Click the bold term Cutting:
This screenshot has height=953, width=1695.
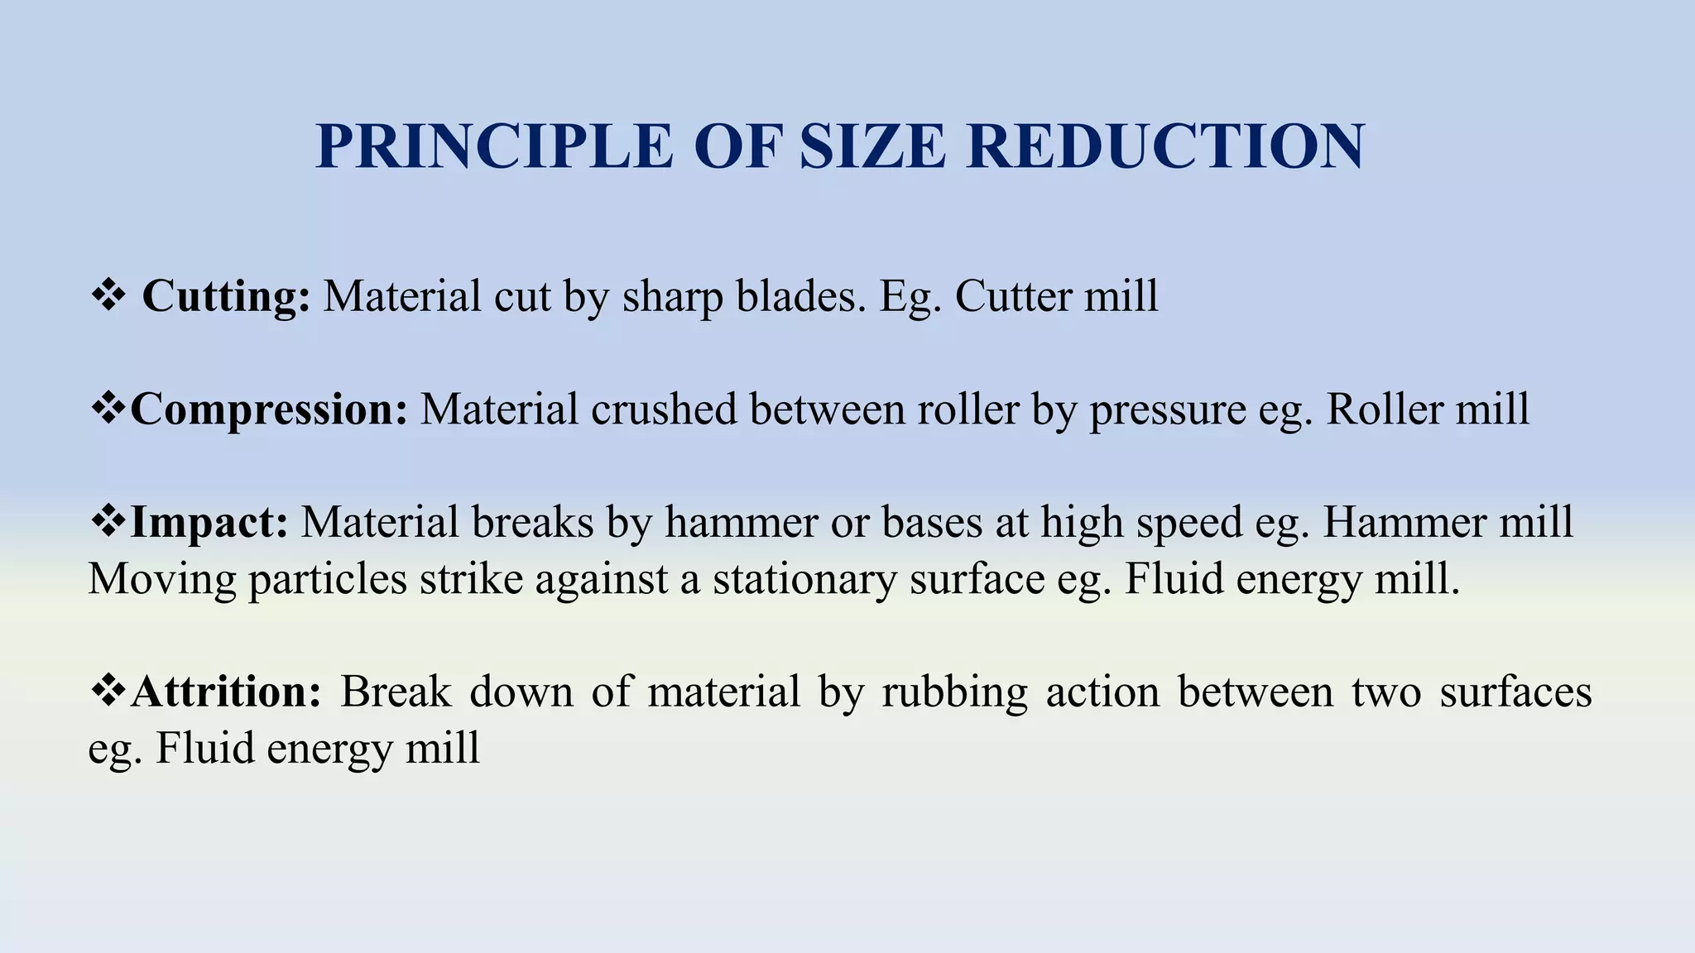pyautogui.click(x=226, y=296)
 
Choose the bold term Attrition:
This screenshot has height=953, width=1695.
pyautogui.click(x=226, y=692)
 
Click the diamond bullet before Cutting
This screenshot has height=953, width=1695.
pyautogui.click(x=108, y=296)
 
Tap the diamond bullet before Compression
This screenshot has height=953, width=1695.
pyautogui.click(x=108, y=409)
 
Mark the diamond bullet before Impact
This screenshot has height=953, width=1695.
pyautogui.click(x=108, y=523)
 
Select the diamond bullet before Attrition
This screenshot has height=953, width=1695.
pyautogui.click(x=108, y=692)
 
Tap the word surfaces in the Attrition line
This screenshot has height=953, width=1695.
pyautogui.click(x=1515, y=692)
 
